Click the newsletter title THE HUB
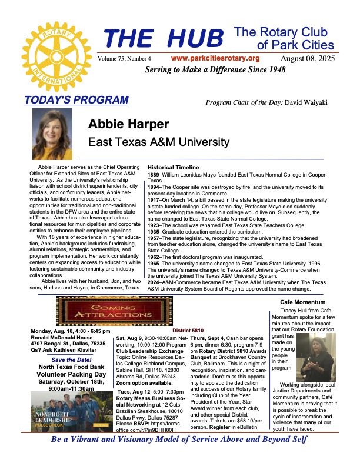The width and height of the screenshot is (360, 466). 165,38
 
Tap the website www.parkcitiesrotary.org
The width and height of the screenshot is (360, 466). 215,58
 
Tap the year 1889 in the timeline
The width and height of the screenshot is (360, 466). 154,175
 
